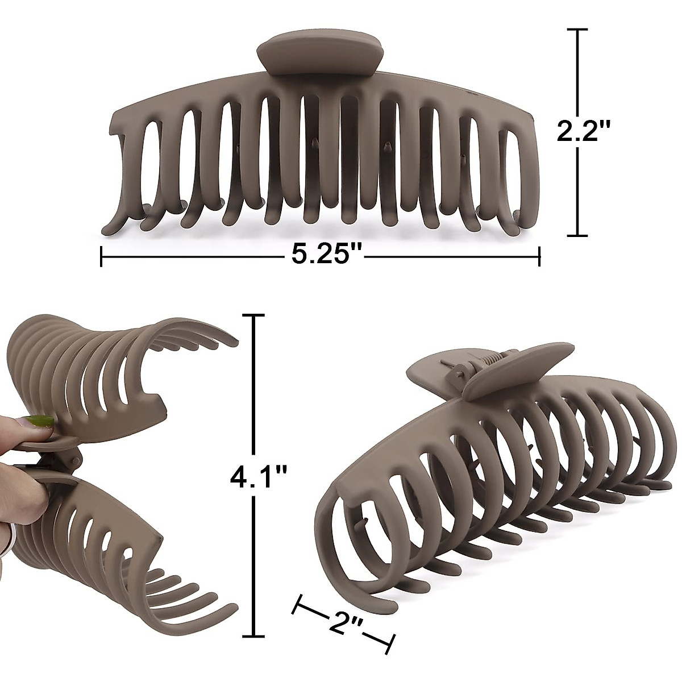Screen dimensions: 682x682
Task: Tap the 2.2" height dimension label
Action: click(x=583, y=132)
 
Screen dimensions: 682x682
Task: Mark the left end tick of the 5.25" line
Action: click(x=102, y=255)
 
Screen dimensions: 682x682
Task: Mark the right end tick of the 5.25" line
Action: click(x=539, y=255)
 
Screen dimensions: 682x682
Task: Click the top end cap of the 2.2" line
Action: click(x=578, y=30)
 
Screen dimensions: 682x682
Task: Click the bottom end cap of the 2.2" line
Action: click(x=578, y=234)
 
